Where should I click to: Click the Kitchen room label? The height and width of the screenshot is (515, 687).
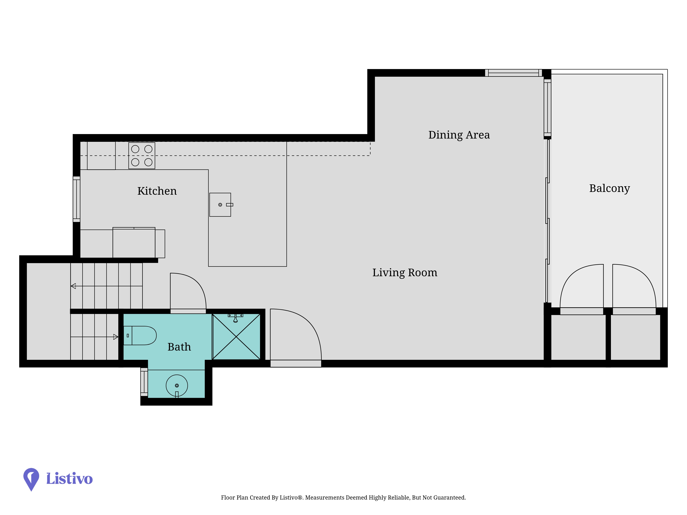157,191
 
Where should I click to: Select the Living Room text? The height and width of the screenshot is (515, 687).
405,273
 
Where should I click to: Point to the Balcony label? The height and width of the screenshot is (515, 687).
609,188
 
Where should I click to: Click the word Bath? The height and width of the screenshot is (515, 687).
179,347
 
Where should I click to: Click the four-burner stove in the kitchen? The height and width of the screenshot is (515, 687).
142,156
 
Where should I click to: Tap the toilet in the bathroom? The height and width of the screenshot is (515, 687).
140,336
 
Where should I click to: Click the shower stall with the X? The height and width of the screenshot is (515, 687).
236,337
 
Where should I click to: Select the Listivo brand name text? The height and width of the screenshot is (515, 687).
69,478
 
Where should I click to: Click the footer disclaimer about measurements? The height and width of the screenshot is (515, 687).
343,498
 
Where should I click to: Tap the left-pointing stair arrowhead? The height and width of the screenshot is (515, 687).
73,286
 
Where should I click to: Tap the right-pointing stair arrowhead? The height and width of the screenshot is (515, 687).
116,337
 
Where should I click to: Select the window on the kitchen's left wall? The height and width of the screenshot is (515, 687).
76,199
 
